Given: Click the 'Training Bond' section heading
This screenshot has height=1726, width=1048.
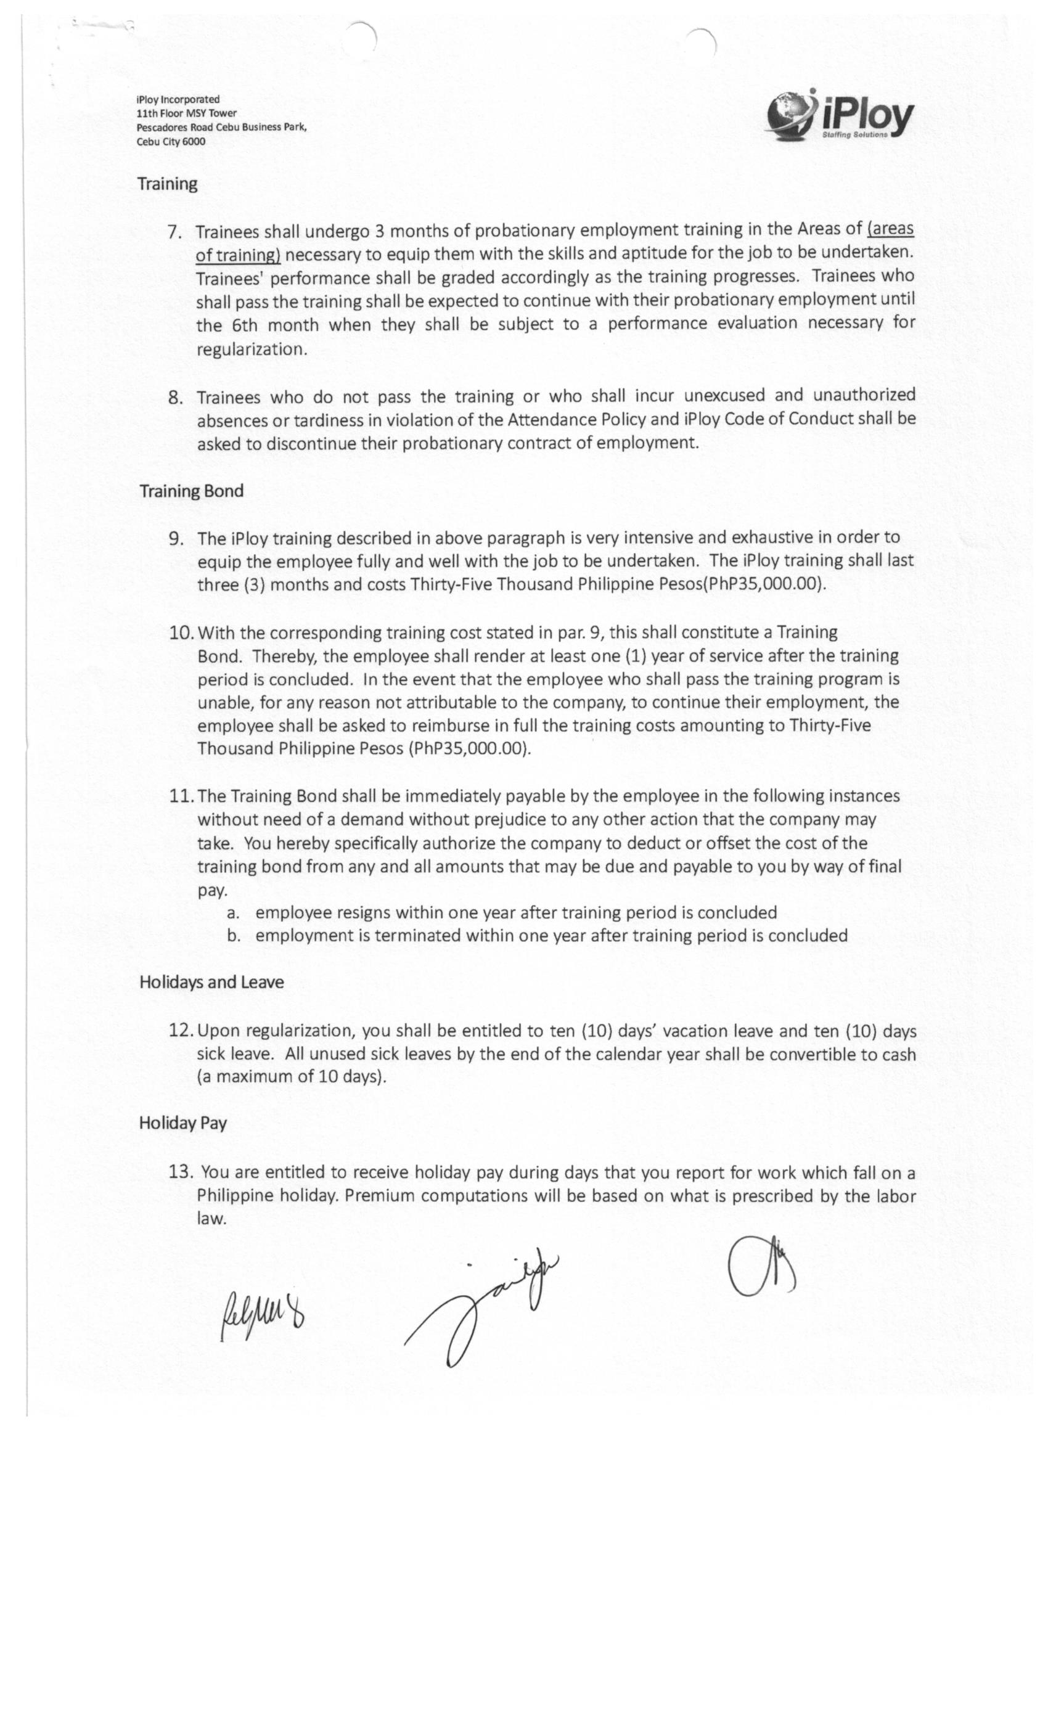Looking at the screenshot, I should click(191, 491).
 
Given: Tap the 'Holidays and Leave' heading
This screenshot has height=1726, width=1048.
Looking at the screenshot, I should click(211, 982).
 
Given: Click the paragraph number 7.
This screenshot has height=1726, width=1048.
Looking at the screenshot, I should click(175, 232).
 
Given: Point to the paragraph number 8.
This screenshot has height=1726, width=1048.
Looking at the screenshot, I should click(175, 398).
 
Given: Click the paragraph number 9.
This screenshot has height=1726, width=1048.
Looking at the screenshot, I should click(176, 539).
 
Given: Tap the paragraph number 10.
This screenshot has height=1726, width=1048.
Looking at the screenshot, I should click(181, 633).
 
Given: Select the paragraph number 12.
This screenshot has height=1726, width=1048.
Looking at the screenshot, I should click(181, 1031).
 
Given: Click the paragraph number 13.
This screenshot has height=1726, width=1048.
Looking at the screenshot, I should click(181, 1171).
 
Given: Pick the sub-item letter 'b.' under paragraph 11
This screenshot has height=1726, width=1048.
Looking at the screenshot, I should click(234, 936).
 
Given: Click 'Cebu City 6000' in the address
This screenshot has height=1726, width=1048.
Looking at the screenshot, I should click(171, 142).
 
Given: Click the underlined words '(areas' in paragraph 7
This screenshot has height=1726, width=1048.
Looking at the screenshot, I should click(890, 229).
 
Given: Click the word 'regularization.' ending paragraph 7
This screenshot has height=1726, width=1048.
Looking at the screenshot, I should click(252, 349).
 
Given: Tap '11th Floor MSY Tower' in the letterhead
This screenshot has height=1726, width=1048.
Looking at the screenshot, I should click(186, 113).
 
